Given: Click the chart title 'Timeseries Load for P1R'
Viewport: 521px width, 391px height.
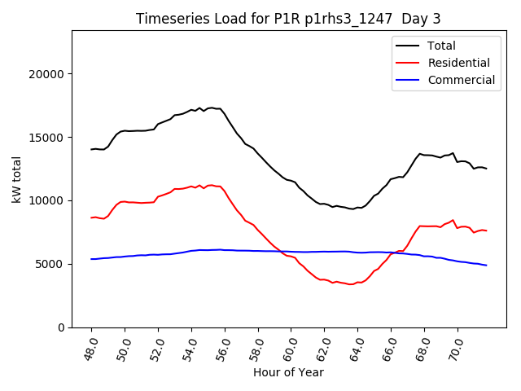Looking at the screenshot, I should pyautogui.click(x=288, y=19).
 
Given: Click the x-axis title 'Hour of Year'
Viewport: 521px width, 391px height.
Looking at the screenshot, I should pyautogui.click(x=288, y=372).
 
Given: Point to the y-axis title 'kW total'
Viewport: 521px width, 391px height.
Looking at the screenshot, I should pyautogui.click(x=16, y=179).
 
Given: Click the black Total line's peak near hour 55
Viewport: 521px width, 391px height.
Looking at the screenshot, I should pyautogui.click(x=211, y=108).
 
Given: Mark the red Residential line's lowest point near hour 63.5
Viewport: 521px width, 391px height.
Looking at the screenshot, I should pyautogui.click(x=350, y=284).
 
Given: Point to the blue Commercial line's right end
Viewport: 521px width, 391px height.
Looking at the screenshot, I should pyautogui.click(x=486, y=266).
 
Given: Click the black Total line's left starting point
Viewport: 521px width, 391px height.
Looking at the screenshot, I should pyautogui.click(x=92, y=149).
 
